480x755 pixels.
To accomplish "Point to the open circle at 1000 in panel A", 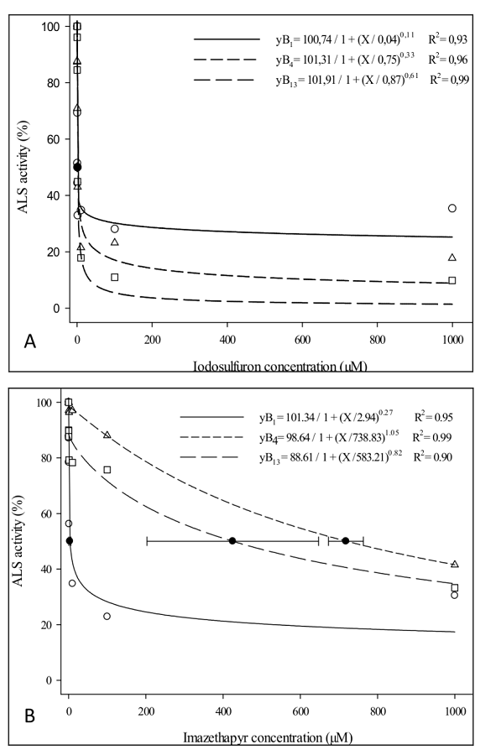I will [452, 208].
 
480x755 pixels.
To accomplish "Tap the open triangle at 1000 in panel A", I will [452, 258].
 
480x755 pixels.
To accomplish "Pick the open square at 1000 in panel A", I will [452, 280].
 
